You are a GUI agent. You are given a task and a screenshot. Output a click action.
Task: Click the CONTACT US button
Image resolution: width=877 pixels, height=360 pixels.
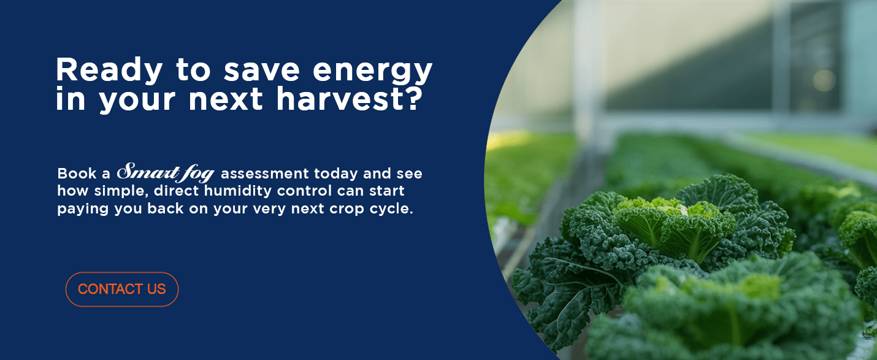point(121,289)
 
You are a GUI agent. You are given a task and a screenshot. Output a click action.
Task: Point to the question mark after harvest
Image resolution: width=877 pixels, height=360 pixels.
point(413,99)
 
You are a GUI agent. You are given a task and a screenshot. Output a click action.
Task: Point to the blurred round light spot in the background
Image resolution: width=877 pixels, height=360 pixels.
point(824,80)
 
